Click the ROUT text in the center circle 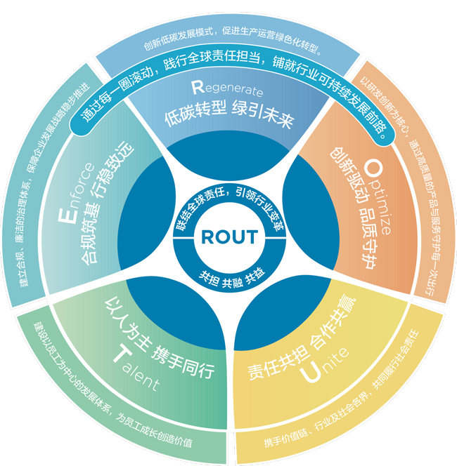[x=229, y=237]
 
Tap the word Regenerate [x=227, y=88]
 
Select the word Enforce [x=76, y=192]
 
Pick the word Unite [x=324, y=365]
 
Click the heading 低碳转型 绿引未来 [x=229, y=114]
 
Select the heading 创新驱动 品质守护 [x=354, y=208]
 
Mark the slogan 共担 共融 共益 [x=232, y=278]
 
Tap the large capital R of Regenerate [x=198, y=87]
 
